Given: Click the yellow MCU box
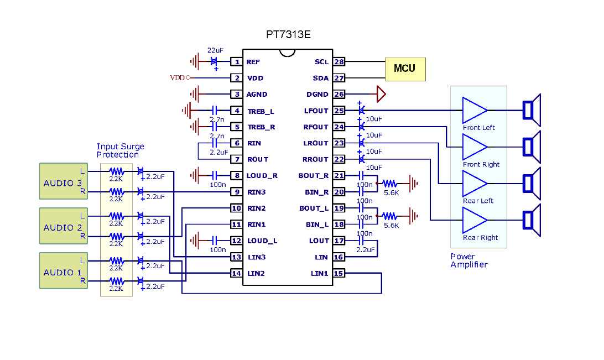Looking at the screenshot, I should coord(405,69).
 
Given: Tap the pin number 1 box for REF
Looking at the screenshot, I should coord(237,62).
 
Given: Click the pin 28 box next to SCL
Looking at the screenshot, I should coord(339,62).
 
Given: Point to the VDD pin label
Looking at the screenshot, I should coord(255,79).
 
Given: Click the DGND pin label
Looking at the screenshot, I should coord(317,95).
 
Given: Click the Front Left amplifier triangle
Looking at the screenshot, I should coord(473,111).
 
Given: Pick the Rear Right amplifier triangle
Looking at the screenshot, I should coord(473,220).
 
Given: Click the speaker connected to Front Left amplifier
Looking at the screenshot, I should coord(532,111).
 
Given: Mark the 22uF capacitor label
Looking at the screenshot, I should coord(215,50).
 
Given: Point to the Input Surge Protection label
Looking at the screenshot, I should coord(120,150).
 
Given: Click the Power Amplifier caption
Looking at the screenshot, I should coord(468,260).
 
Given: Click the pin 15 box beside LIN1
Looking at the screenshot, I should coord(339,273).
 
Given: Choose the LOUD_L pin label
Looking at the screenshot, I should coord(262,241).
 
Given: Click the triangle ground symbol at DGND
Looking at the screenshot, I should coord(381,95).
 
